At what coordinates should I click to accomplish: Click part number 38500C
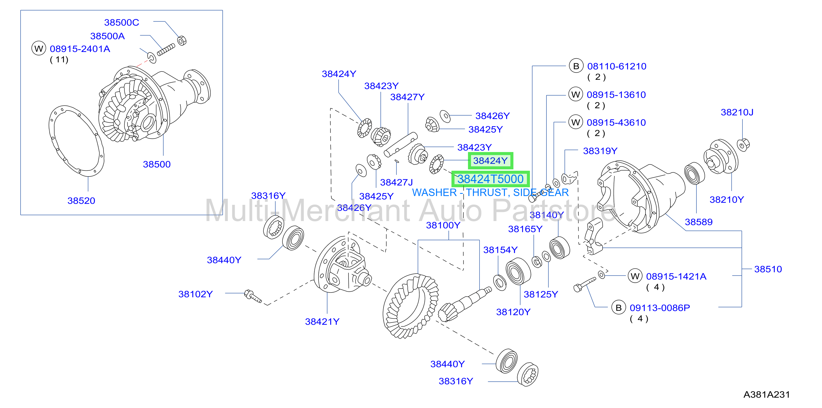[122, 23]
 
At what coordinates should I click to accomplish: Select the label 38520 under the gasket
[81, 201]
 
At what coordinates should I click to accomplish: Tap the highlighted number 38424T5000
[491, 179]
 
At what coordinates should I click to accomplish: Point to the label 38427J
[396, 182]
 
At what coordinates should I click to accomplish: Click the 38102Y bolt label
[195, 294]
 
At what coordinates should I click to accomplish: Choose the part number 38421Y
[322, 322]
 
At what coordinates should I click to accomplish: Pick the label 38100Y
[443, 225]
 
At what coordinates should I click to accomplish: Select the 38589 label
[698, 222]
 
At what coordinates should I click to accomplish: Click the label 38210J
[737, 112]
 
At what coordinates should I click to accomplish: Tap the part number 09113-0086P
[660, 308]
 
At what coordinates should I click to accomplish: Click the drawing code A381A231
[766, 395]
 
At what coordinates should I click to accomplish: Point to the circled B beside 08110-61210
[576, 66]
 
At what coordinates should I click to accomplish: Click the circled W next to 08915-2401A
[39, 48]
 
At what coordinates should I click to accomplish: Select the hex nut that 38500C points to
[182, 41]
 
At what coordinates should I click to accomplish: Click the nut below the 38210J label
[743, 145]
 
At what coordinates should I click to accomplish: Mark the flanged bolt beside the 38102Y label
[253, 296]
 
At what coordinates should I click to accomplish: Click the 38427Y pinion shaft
[401, 144]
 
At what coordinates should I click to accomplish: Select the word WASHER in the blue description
[435, 192]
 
